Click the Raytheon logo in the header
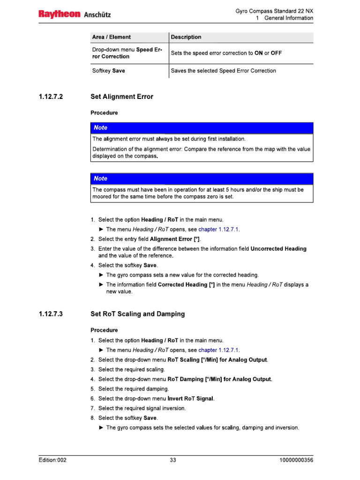pos(60,15)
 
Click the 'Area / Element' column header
pos(112,37)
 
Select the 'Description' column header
pos(186,37)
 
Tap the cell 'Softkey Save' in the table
pos(109,71)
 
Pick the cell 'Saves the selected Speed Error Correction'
pos(224,71)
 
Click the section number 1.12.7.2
pos(51,97)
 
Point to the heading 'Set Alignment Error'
pos(122,97)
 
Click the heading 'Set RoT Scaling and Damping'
pos(137,314)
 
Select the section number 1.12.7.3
pos(51,314)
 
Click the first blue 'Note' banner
pos(202,127)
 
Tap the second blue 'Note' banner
pos(202,179)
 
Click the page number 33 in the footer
pos(173,460)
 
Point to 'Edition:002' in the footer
pos(52,460)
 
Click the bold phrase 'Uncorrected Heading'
pos(278,249)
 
